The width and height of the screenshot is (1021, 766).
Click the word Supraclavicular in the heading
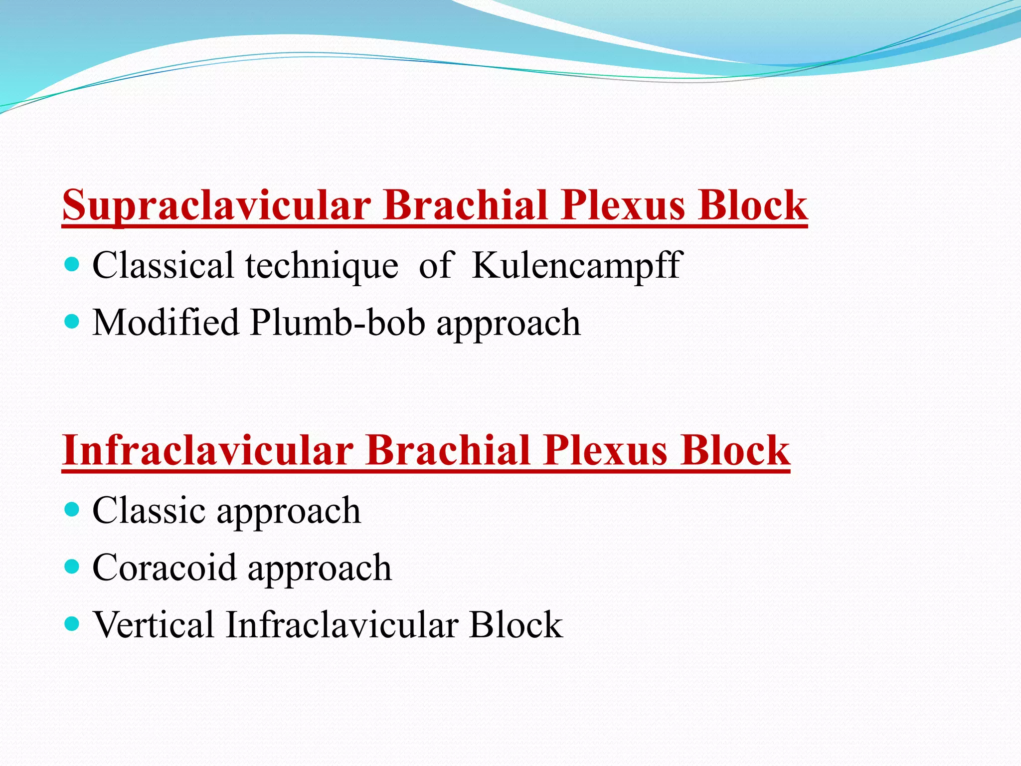216,205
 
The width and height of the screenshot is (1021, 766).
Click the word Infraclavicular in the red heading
207,450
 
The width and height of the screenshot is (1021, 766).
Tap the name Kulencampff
576,265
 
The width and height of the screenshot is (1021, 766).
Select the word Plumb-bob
338,323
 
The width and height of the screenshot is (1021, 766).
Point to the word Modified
166,323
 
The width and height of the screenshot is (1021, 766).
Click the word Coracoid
164,568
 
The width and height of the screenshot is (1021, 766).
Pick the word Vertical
154,624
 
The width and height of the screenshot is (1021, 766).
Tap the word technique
322,265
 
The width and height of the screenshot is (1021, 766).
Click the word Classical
163,265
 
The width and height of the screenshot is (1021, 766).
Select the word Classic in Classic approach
149,511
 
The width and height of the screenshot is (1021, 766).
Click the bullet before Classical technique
73,264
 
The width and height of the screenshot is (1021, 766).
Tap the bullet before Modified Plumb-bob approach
73,322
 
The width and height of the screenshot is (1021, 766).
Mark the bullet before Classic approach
73,510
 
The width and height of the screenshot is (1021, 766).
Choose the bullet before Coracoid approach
73,567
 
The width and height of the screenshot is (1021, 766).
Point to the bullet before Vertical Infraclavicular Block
73,624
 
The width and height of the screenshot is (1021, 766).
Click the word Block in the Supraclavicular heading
752,205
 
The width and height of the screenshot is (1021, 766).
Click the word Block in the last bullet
515,624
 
